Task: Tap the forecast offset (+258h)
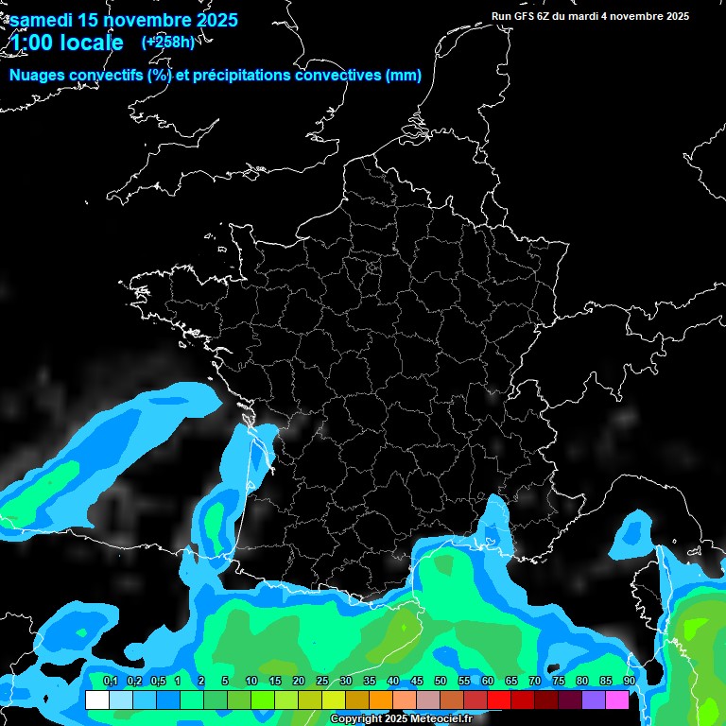[167, 43]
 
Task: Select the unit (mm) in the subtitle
[404, 77]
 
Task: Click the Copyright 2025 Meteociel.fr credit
[414, 719]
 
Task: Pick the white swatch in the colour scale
[96, 700]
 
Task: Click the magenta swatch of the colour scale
[617, 700]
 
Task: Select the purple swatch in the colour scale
[594, 700]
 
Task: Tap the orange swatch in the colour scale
[381, 700]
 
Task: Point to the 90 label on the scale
[630, 681]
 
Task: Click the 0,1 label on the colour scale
[110, 681]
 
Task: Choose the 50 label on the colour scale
[441, 681]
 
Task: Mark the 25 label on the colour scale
[322, 681]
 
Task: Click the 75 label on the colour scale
[559, 681]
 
